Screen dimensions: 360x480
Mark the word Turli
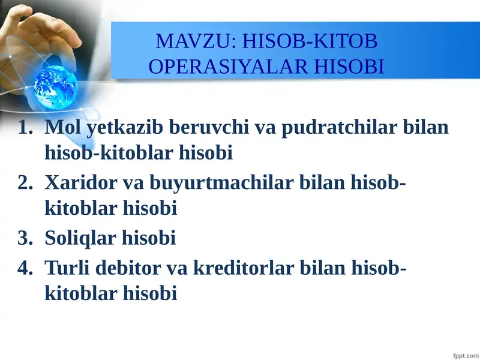[68, 268]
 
